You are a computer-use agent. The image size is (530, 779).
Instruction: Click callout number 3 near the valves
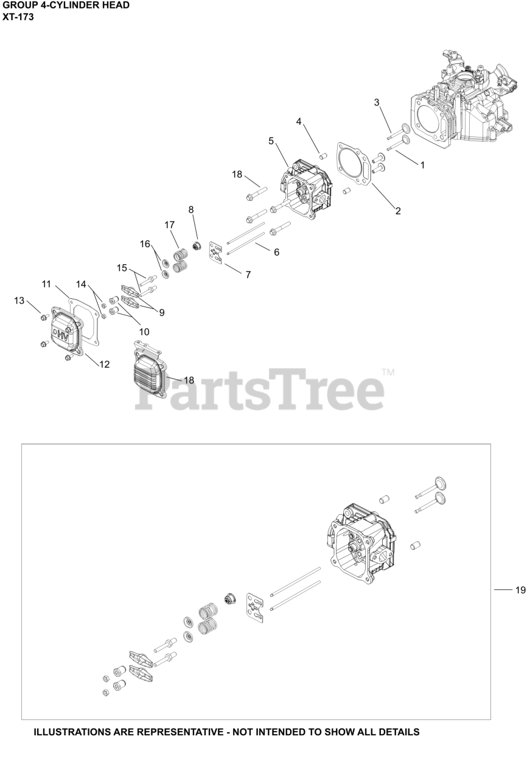[377, 102]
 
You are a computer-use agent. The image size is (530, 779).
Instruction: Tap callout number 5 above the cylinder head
[271, 141]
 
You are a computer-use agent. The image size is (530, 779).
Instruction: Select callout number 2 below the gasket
[398, 211]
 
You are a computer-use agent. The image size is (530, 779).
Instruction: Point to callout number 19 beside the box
[520, 590]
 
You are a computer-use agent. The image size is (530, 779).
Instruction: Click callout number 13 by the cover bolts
[19, 300]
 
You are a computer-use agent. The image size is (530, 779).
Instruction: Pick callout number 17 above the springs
[170, 225]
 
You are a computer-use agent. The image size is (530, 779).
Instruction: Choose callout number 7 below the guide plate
[248, 274]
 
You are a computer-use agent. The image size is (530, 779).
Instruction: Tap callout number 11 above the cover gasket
[47, 284]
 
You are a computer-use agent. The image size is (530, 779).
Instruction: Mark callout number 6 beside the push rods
[276, 252]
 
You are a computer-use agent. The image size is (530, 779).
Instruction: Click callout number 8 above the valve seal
[191, 209]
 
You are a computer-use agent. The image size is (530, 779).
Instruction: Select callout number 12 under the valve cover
[105, 364]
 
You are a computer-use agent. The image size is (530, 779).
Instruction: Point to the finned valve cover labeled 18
[148, 371]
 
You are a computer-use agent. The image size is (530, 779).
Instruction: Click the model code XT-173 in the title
[18, 16]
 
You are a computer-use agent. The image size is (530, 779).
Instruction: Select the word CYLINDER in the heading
[74, 5]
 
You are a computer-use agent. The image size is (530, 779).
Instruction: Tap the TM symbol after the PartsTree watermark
[388, 372]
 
